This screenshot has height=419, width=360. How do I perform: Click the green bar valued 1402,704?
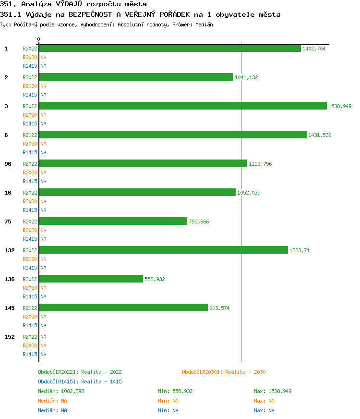[x=170, y=48]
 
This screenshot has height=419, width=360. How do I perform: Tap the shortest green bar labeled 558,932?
[x=91, y=279]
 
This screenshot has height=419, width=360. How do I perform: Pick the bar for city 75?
[x=113, y=221]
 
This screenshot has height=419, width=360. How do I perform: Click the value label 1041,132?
[x=246, y=77]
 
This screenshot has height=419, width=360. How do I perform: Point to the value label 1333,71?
[x=300, y=250]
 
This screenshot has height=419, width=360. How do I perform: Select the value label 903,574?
[x=219, y=308]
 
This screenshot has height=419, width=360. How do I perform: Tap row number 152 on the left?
[x=9, y=337]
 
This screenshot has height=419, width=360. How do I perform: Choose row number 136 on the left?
[x=9, y=279]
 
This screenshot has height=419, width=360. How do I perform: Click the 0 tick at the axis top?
[x=39, y=39]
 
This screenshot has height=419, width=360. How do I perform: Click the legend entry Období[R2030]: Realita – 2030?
[x=224, y=372]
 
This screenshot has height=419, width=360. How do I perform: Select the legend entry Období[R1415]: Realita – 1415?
[x=80, y=382]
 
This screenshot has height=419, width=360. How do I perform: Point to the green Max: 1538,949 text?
[x=273, y=391]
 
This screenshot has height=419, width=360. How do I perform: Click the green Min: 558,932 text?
[x=175, y=391]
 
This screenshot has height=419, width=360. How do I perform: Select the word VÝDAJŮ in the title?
[x=71, y=4]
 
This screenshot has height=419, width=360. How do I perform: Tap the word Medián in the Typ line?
[x=204, y=24]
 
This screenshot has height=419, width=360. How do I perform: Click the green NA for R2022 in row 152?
[x=43, y=337]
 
